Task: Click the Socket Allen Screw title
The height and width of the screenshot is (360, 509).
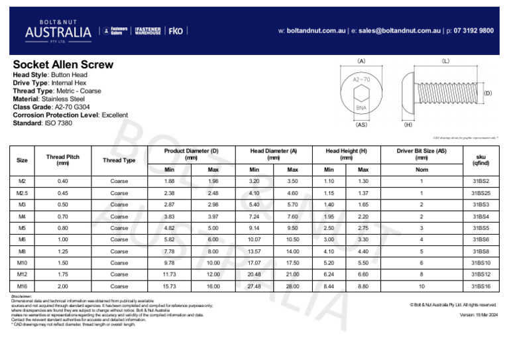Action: (x=63, y=65)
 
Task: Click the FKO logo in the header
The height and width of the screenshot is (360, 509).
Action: (x=176, y=30)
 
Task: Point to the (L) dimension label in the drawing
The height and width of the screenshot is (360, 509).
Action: (x=445, y=60)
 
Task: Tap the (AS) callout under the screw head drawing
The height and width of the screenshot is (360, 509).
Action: (x=361, y=123)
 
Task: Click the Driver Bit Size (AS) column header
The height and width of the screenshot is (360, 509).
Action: (x=422, y=154)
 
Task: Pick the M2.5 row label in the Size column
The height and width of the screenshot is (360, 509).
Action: (x=22, y=193)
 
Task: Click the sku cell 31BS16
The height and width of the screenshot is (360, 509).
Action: (x=481, y=286)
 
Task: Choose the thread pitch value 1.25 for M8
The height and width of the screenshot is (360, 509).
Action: (x=63, y=251)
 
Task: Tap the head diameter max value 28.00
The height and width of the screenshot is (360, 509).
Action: (x=292, y=286)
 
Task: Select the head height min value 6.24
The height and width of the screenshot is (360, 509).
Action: (x=329, y=274)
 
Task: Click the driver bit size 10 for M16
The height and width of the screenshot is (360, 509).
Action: (x=422, y=286)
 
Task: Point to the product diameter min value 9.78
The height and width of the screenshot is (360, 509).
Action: (x=169, y=263)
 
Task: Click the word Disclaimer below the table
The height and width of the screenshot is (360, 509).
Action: (x=22, y=296)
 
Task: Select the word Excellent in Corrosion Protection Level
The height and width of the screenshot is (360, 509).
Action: (x=115, y=115)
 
